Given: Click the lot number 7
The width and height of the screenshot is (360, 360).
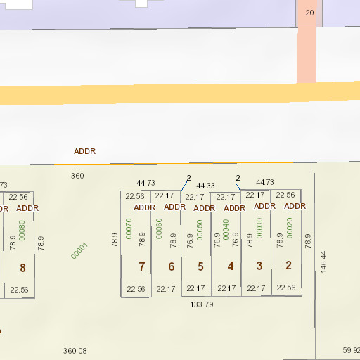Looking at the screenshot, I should (142, 266).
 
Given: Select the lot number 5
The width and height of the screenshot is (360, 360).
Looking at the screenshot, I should (200, 266).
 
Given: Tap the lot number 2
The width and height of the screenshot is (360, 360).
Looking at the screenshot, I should (288, 265).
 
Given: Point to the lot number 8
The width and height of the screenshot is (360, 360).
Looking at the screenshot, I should (22, 268).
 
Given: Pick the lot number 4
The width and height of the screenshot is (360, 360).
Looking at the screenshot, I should (231, 266).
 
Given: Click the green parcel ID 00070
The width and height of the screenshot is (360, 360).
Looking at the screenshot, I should (129, 229).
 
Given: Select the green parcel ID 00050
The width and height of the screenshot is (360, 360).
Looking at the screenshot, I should (200, 229).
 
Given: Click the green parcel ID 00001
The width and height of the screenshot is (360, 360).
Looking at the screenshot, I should (79, 251).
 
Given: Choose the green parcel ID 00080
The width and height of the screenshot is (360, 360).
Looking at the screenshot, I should (22, 231).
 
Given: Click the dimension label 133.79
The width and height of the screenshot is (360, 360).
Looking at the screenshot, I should (202, 304).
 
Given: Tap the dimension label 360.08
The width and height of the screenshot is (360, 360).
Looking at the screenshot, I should (75, 351).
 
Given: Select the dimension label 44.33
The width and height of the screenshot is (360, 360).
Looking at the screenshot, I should (205, 186).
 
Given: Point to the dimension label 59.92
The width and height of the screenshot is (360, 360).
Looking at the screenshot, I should (351, 350).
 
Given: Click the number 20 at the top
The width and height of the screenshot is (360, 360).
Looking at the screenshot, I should (309, 13).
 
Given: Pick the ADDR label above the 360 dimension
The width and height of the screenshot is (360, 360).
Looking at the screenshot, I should (85, 151).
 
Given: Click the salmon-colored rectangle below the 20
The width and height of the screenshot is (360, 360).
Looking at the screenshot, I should (307, 55).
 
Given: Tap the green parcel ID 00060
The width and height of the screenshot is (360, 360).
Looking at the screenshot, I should (159, 229).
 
